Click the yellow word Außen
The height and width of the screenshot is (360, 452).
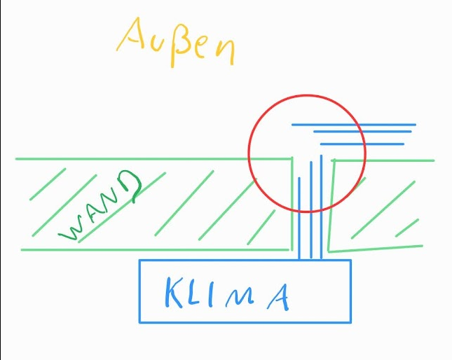click(x=176, y=43)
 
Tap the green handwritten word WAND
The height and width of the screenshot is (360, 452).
click(x=100, y=206)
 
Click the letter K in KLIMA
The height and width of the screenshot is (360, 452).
click(x=174, y=292)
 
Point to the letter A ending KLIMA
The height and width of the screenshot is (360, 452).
click(x=278, y=297)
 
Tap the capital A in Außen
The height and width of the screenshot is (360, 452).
click(x=130, y=34)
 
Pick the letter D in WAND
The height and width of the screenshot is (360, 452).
click(x=130, y=186)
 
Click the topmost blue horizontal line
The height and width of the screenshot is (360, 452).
click(x=354, y=125)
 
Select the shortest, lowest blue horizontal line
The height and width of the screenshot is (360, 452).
click(x=362, y=144)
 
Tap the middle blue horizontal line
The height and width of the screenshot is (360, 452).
click(x=362, y=132)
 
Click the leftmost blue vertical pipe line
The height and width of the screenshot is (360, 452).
click(x=299, y=219)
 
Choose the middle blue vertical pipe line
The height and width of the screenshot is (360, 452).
click(x=311, y=210)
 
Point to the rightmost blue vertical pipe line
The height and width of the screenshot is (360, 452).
click(x=321, y=207)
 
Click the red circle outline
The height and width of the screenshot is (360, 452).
click(x=249, y=153)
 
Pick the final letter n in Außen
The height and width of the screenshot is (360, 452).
click(x=226, y=52)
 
